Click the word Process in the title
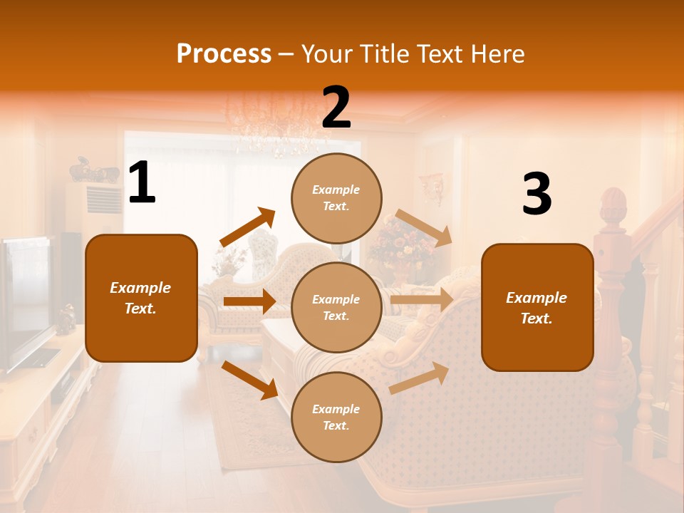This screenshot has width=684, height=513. point(224,54)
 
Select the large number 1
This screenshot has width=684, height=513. point(142,183)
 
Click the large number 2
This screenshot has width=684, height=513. point(336,108)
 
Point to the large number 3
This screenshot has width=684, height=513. point(537,194)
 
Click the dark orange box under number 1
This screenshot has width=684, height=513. point(141,298)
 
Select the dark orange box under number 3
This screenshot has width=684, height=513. point(537,307)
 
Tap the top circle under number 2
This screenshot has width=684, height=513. point(336,197)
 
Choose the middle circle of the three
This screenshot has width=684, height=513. point(336,307)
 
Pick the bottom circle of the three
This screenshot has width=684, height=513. point(336,417)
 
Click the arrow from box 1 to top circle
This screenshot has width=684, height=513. point(248,227)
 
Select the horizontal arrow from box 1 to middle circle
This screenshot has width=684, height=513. point(249,301)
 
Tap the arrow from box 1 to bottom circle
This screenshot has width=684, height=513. point(249,379)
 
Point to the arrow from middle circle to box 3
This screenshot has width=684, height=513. point(422,299)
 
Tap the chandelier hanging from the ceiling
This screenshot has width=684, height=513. point(274,125)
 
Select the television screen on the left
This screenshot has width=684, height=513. point(27,303)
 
